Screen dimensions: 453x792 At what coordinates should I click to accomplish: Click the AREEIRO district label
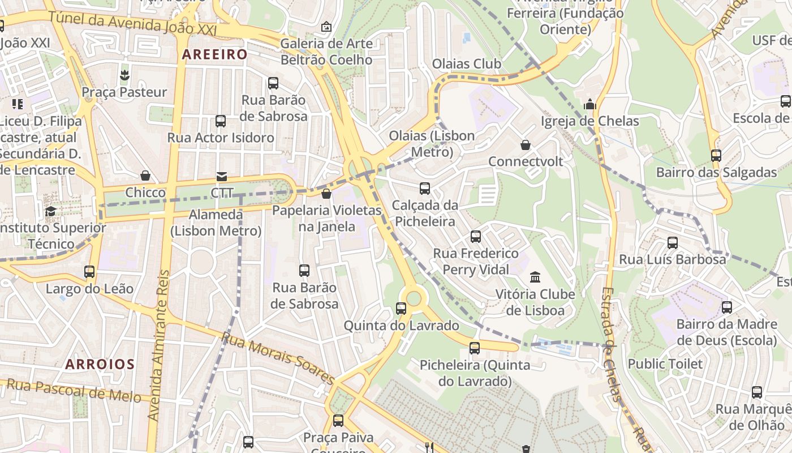pyautogui.click(x=215, y=54)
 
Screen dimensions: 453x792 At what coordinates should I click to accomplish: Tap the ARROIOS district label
pyautogui.click(x=100, y=364)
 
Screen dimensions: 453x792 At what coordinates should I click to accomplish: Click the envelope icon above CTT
pyautogui.click(x=221, y=177)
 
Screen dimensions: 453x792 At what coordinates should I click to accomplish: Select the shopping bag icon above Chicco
pyautogui.click(x=145, y=176)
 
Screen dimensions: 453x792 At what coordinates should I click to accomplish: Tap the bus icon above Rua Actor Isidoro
pyautogui.click(x=221, y=121)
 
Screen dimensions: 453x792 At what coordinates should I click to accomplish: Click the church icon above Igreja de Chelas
pyautogui.click(x=590, y=104)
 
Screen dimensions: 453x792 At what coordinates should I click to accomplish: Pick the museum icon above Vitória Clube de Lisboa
pyautogui.click(x=535, y=277)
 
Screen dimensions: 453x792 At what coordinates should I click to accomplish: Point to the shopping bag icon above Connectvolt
pyautogui.click(x=526, y=145)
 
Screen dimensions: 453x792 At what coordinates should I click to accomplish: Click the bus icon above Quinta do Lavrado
pyautogui.click(x=401, y=309)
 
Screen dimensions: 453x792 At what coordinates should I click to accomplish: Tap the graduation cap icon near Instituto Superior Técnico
pyautogui.click(x=51, y=212)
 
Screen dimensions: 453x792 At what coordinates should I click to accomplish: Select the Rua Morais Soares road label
pyautogui.click(x=277, y=357)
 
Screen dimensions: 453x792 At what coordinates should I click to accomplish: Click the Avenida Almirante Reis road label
pyautogui.click(x=160, y=345)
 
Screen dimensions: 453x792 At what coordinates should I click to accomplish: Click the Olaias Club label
pyautogui.click(x=467, y=64)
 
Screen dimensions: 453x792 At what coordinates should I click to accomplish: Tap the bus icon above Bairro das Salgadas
pyautogui.click(x=716, y=156)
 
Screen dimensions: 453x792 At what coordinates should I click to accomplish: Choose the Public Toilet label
pyautogui.click(x=665, y=364)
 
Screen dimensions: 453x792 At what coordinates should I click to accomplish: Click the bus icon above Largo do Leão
pyautogui.click(x=89, y=272)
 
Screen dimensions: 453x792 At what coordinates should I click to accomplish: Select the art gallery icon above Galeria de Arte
pyautogui.click(x=326, y=27)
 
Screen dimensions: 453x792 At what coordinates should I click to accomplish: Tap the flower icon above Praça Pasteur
pyautogui.click(x=124, y=75)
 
